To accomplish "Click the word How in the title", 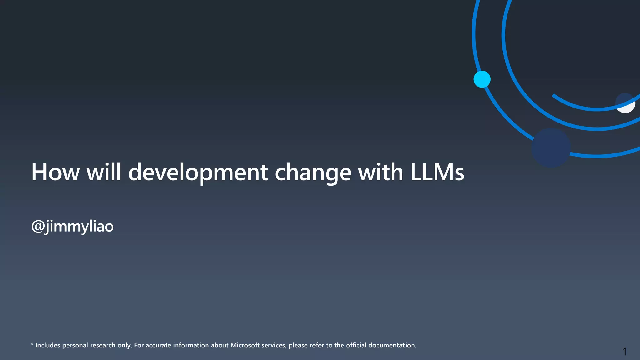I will (x=55, y=172).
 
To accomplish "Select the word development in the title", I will (x=198, y=172).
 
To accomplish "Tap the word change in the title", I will (x=313, y=172).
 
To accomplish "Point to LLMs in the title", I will (x=437, y=172).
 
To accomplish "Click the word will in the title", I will (x=104, y=172).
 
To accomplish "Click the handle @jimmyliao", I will (x=72, y=226).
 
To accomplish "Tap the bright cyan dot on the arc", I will (x=482, y=79).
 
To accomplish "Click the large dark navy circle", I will (x=551, y=147).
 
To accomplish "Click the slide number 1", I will (x=624, y=352).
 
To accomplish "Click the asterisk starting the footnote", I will (x=32, y=345).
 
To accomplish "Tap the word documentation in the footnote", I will (x=392, y=345).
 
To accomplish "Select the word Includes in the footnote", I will (x=47, y=345).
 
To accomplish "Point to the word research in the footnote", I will (x=103, y=345).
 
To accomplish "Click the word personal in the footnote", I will (x=75, y=345).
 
